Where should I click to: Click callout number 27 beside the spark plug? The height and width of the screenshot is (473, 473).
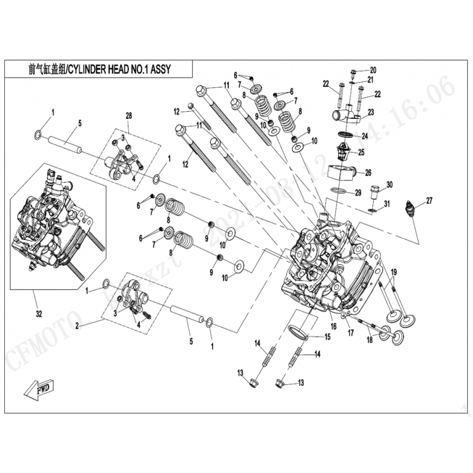(x=429, y=200)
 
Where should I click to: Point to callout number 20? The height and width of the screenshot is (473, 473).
(x=372, y=70)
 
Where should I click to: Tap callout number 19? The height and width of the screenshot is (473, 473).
(x=394, y=272)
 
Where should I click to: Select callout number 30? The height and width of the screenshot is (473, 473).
(x=388, y=185)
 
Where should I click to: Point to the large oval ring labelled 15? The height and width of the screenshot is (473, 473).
(x=299, y=331)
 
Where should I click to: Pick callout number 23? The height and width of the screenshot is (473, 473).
(x=371, y=112)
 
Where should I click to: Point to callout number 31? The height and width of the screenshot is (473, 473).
(x=387, y=204)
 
